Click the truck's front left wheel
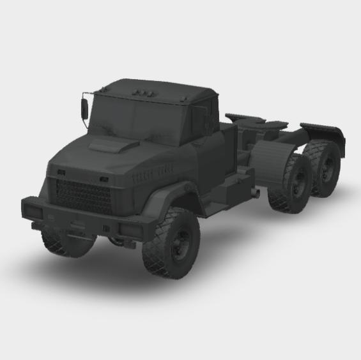click(x=172, y=243)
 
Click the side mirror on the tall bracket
click(x=84, y=109)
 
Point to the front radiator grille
click(x=84, y=195)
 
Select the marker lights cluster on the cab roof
click(x=142, y=94)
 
